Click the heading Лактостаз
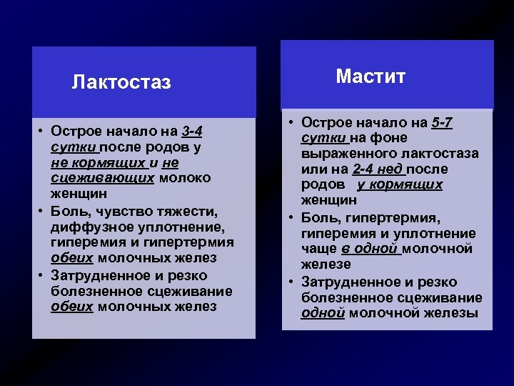click(x=121, y=83)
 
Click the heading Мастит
click(x=371, y=76)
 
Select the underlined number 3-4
click(x=192, y=132)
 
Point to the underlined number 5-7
click(x=442, y=122)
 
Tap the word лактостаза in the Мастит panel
click(x=442, y=154)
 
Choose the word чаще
click(x=317, y=248)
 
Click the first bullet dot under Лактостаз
click(x=42, y=132)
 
